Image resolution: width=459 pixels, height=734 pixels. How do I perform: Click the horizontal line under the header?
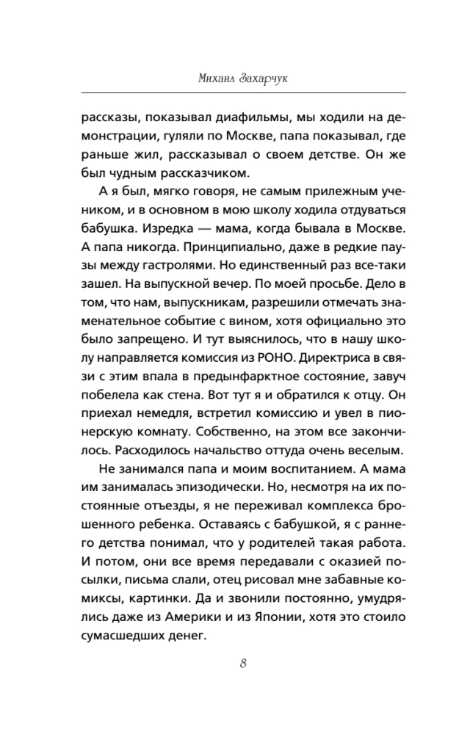point(229,92)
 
